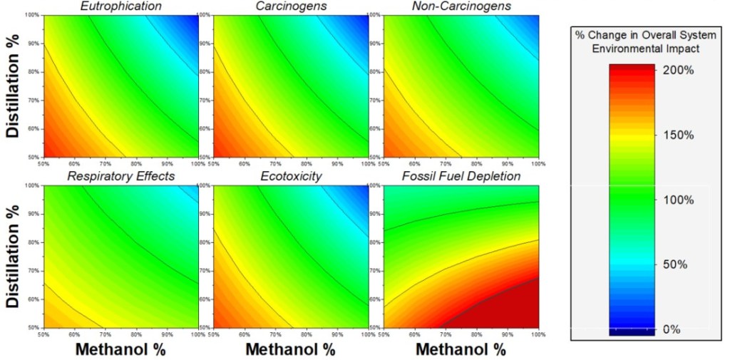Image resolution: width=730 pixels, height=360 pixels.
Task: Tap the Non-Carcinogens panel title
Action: pos(461,7)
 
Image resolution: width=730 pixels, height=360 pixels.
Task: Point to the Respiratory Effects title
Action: pos(121,176)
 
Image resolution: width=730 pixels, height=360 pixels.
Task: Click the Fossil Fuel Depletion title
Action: pos(461,176)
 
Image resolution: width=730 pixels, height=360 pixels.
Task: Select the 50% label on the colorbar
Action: pos(677,264)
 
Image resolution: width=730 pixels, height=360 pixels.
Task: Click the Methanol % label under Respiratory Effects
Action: pos(121,349)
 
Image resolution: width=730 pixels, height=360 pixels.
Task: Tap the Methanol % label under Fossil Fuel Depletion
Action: pos(461,349)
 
